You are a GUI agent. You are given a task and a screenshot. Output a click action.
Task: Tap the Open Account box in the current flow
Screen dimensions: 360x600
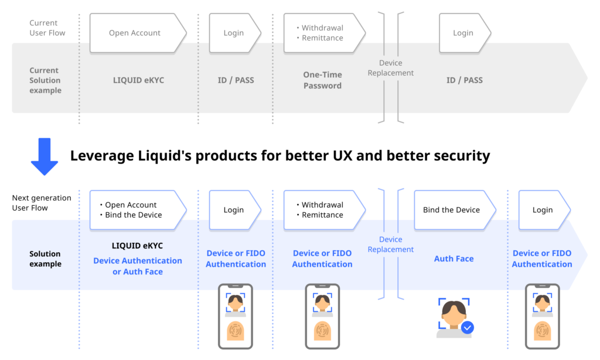135,33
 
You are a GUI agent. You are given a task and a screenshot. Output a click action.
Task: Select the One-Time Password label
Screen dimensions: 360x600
322,80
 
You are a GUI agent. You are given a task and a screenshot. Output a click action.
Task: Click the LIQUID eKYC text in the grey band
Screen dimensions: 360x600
138,80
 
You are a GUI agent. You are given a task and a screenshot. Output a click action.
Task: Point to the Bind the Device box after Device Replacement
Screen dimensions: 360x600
452,210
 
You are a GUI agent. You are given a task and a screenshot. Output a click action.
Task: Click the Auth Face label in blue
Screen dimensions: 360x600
454,259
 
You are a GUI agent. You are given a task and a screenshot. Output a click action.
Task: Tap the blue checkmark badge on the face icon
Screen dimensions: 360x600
467,328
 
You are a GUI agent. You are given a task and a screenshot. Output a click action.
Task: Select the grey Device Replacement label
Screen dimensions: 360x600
391,68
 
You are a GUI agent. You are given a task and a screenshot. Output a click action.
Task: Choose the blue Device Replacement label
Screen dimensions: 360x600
391,244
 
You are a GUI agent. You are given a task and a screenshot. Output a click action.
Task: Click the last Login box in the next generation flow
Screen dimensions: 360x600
543,210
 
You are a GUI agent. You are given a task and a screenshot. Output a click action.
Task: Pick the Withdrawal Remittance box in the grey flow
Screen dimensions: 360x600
322,33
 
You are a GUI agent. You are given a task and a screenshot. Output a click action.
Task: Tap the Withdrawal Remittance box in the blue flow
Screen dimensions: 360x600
322,210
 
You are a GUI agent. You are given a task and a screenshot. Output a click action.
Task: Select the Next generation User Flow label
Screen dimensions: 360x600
42,203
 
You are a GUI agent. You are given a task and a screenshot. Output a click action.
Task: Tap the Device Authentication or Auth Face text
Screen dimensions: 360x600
138,266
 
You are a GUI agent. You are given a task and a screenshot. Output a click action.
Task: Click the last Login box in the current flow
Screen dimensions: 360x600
463,33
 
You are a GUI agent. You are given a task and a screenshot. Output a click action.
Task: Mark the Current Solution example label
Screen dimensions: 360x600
45,80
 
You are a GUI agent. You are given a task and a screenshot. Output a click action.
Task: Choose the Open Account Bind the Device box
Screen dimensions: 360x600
135,210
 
